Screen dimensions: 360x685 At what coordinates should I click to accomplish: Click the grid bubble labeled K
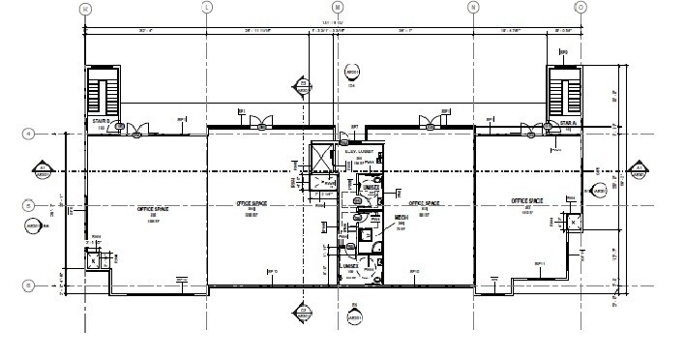(x=86, y=8)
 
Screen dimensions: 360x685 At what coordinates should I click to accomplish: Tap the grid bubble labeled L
(x=206, y=8)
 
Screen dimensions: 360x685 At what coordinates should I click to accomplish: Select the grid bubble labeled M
(x=338, y=8)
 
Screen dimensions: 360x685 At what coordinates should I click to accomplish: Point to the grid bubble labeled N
(x=474, y=8)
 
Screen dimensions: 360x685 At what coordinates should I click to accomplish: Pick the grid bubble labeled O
(x=581, y=8)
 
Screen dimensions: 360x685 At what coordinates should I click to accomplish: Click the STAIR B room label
(x=99, y=124)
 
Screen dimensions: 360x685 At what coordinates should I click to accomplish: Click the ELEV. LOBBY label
(x=359, y=152)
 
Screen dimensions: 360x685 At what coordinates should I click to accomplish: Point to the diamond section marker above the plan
(x=303, y=87)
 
